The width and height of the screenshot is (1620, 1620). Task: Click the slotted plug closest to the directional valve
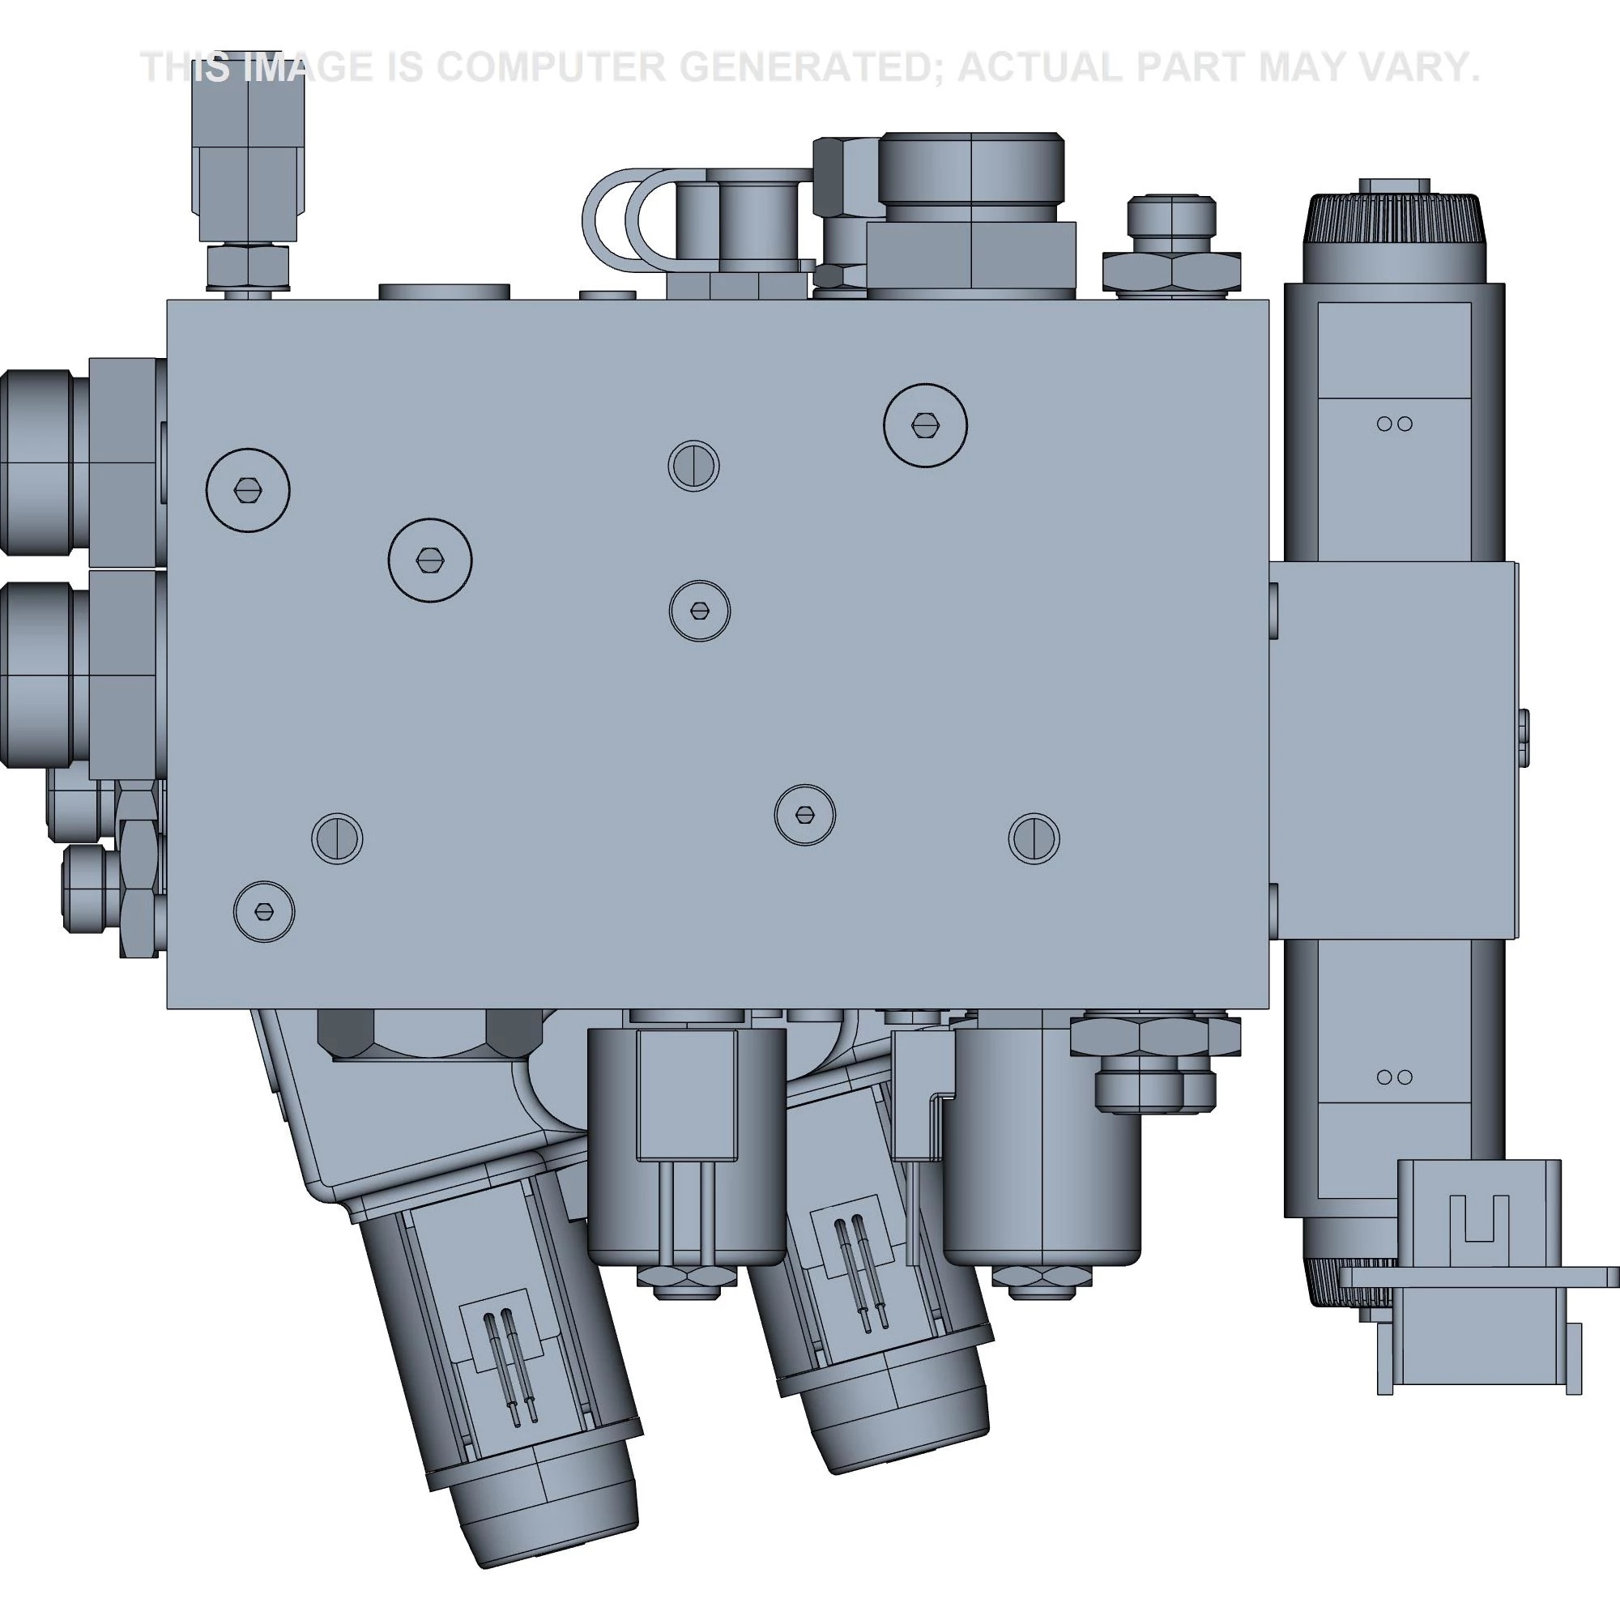point(1034,838)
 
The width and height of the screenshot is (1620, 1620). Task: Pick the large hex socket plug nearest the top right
point(925,425)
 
